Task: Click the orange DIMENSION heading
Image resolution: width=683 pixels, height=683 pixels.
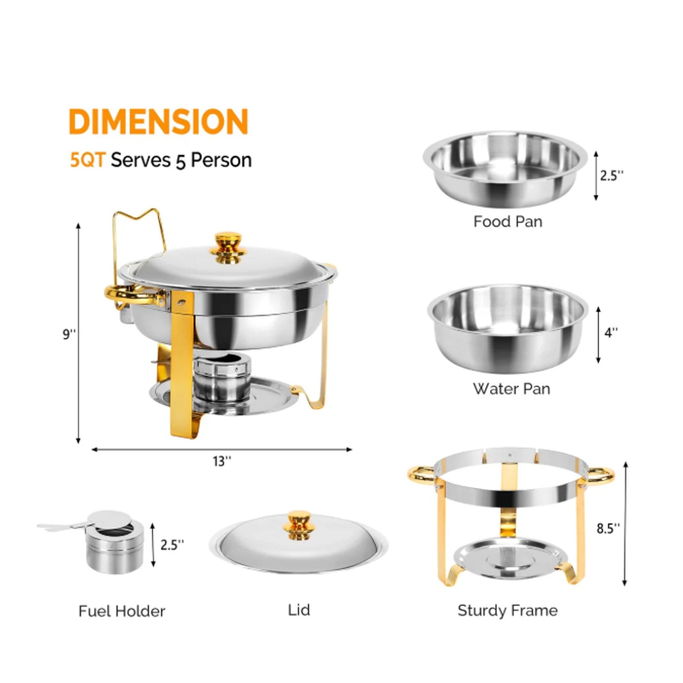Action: [x=158, y=122]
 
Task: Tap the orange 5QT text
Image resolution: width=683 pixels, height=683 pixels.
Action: [x=88, y=160]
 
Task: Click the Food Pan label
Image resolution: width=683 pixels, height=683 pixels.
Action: [x=508, y=222]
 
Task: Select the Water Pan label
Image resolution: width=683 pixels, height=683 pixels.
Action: [x=511, y=388]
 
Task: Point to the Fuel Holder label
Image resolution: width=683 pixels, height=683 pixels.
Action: [x=122, y=611]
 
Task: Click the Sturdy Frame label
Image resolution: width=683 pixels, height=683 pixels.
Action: [x=508, y=611]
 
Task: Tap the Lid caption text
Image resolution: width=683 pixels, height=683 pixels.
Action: [x=299, y=610]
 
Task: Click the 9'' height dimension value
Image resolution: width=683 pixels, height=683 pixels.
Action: [x=69, y=334]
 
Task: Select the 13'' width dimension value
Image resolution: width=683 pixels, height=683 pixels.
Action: [x=222, y=461]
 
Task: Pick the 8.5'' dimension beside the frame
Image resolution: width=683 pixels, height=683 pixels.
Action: [x=608, y=528]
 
